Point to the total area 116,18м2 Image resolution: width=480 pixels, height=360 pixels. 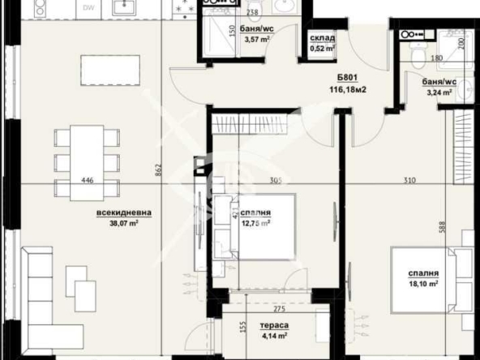click(349, 91)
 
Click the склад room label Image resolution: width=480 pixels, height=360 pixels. click(319, 37)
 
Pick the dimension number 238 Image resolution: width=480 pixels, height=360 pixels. click(252, 13)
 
